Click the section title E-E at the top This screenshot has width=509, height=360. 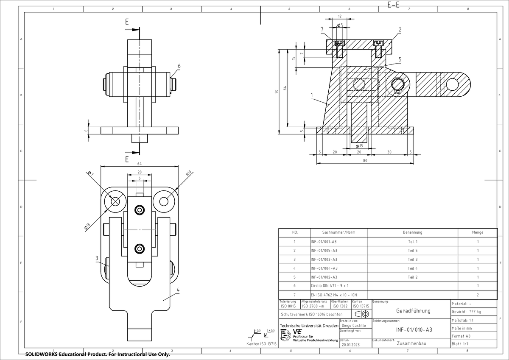pyautogui.click(x=394, y=5)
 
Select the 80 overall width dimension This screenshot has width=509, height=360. pyautogui.click(x=365, y=161)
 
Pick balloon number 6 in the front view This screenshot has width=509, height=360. pyautogui.click(x=179, y=66)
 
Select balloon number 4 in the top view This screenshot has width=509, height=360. pyautogui.click(x=178, y=290)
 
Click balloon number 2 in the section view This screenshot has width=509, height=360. pyautogui.click(x=400, y=29)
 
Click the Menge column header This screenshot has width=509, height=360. pyautogui.click(x=477, y=232)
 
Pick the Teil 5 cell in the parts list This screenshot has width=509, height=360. pyautogui.click(x=412, y=250)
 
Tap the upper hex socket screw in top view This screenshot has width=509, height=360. pyautogui.click(x=140, y=210)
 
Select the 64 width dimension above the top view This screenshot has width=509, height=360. pyautogui.click(x=140, y=164)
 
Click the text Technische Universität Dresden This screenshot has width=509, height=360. pyautogui.click(x=309, y=326)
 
